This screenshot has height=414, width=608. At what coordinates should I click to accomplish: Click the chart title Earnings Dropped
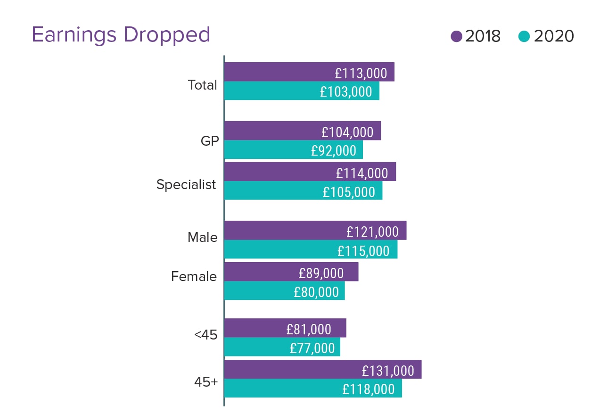click(121, 35)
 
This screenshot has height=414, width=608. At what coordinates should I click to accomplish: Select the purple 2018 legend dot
click(456, 36)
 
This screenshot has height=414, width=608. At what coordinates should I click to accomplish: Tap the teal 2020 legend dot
click(524, 36)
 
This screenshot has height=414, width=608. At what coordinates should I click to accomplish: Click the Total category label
click(202, 85)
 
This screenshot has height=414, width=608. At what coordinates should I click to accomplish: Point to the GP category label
click(209, 141)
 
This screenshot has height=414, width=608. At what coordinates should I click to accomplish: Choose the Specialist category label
click(186, 185)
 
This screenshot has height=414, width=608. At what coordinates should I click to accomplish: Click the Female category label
click(194, 276)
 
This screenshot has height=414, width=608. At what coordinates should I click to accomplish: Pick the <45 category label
click(205, 335)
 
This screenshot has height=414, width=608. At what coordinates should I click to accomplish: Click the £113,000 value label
click(361, 73)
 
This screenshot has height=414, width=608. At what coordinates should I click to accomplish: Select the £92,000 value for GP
click(333, 150)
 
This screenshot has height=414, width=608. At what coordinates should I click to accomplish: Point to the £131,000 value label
click(388, 371)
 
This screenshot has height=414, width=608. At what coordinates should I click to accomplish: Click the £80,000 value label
click(316, 292)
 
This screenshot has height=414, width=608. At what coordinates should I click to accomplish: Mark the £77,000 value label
click(312, 348)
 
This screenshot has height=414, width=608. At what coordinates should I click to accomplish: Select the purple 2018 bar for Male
click(283, 231)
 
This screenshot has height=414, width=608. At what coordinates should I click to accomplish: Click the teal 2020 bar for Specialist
click(273, 191)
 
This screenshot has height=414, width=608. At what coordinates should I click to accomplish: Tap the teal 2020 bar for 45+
click(283, 389)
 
